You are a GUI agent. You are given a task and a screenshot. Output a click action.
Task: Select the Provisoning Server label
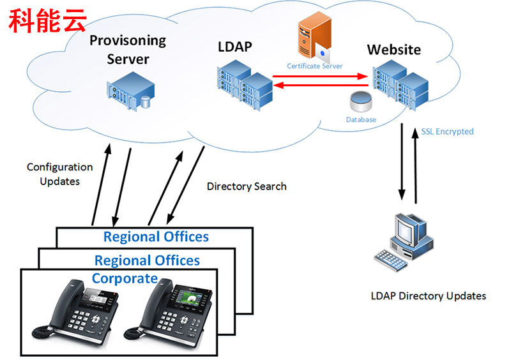pos(128,50)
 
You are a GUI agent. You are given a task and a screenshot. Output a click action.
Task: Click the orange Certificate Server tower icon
pos(314,38)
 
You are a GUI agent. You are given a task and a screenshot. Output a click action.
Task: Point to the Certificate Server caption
pos(314,66)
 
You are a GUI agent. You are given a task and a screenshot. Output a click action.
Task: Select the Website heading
pos(393,49)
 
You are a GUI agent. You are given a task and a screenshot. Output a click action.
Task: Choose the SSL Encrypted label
pos(447,131)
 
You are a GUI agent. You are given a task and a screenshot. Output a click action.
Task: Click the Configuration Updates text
pos(59,174)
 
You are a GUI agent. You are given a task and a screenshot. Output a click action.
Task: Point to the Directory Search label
pos(247,186)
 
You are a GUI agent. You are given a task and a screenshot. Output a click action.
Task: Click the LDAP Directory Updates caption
pos(428,296)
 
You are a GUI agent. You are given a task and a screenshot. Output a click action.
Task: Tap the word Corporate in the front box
pos(125,278)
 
